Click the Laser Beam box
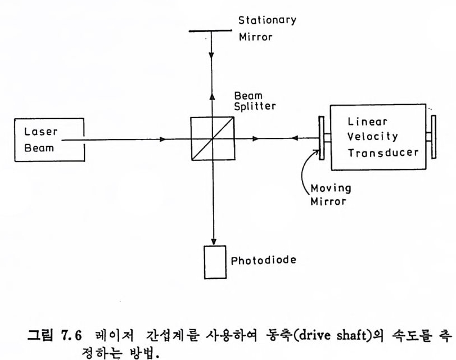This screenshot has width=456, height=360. click(x=50, y=140)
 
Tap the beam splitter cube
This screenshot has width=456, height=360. click(x=213, y=138)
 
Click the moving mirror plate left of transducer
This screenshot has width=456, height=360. click(x=322, y=137)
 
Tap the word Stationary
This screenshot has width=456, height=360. click(x=267, y=21)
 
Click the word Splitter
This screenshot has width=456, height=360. click(x=255, y=107)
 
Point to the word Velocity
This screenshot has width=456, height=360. click(x=373, y=137)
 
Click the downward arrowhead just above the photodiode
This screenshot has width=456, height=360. click(x=213, y=239)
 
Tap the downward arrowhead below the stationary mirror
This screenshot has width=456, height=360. click(x=212, y=57)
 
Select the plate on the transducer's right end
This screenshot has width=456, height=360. click(x=434, y=137)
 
